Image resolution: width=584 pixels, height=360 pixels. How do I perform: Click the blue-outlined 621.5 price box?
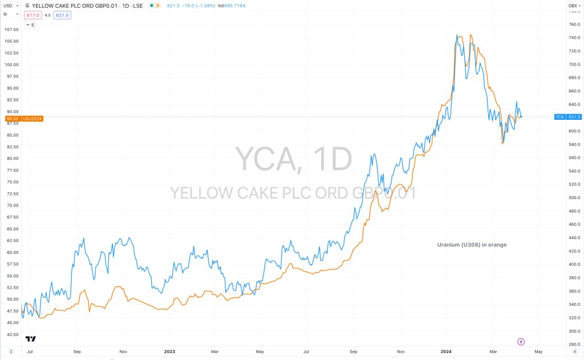pos(62,15)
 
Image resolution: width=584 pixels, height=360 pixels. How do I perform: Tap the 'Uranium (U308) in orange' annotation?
pos(472,245)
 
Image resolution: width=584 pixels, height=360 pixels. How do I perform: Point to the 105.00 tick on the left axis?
pos(11,41)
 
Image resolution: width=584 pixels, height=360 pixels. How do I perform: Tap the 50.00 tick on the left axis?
pos(11,299)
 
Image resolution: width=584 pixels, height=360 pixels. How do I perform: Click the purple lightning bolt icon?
pos(521,342)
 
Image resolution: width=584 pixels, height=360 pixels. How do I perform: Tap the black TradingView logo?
pos(30,338)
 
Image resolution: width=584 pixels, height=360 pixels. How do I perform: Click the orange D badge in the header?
pos(157,5)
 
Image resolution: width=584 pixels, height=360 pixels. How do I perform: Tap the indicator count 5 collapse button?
pos(30,25)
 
